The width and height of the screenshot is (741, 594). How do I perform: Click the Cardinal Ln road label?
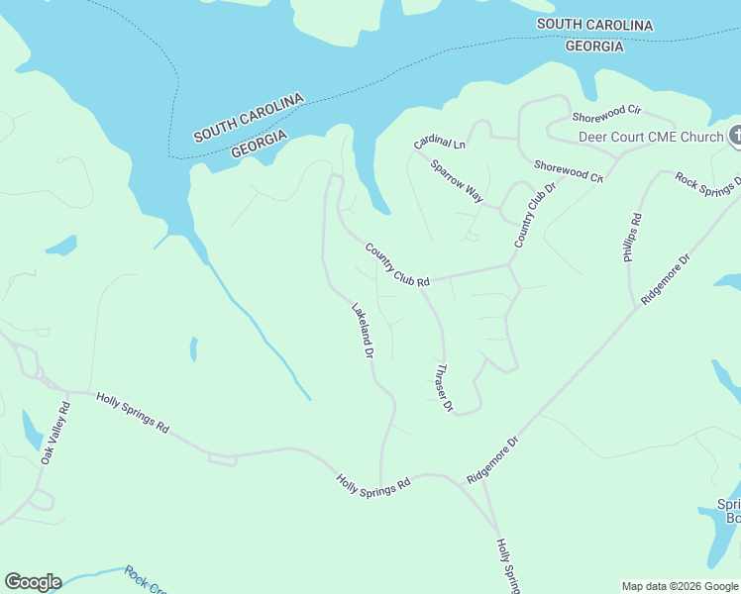click(440, 143)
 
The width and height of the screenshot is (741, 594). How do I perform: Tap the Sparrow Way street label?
click(457, 181)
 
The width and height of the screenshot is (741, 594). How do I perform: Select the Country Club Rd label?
click(396, 265)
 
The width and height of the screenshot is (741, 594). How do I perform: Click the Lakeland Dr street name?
click(362, 330)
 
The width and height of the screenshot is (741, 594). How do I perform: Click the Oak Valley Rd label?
click(55, 433)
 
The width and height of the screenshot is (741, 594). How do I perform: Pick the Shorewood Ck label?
click(569, 170)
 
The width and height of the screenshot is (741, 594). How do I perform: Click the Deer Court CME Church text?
click(651, 137)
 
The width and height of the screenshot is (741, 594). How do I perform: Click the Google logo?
click(33, 582)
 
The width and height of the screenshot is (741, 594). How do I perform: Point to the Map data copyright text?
click(679, 586)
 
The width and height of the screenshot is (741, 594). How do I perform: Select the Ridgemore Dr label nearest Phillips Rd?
click(665, 278)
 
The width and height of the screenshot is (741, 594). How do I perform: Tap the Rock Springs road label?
click(707, 182)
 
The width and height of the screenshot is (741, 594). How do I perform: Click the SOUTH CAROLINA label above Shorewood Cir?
click(594, 24)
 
